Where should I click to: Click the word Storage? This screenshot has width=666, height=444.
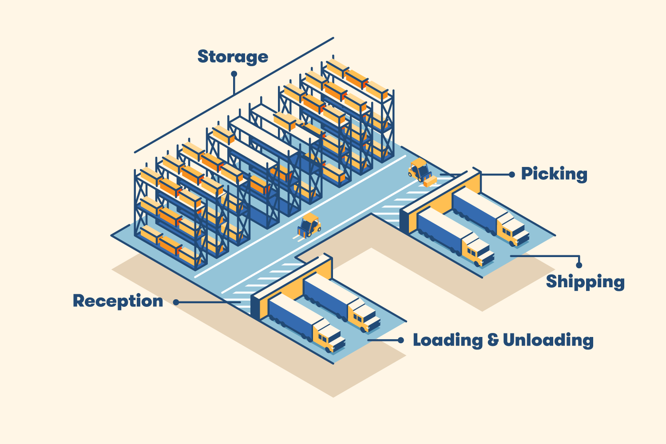[233, 57]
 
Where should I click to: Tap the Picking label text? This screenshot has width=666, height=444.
[554, 174]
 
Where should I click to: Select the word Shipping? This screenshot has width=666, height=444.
[585, 282]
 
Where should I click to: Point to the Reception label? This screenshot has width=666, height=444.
[118, 301]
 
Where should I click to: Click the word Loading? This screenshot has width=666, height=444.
[448, 340]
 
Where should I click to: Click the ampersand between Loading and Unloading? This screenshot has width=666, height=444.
[493, 340]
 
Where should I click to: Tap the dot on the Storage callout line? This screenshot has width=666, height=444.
[234, 74]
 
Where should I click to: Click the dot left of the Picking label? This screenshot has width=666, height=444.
[512, 174]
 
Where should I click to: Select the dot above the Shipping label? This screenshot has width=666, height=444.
[579, 265]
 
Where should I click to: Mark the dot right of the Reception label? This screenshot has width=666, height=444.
[176, 302]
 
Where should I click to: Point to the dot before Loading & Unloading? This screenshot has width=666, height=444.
[400, 340]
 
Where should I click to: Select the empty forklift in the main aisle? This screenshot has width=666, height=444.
[309, 225]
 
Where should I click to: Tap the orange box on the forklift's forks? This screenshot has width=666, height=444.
[430, 181]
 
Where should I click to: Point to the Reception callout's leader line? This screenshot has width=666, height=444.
[209, 302]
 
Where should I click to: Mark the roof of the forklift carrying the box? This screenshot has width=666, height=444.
[418, 162]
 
